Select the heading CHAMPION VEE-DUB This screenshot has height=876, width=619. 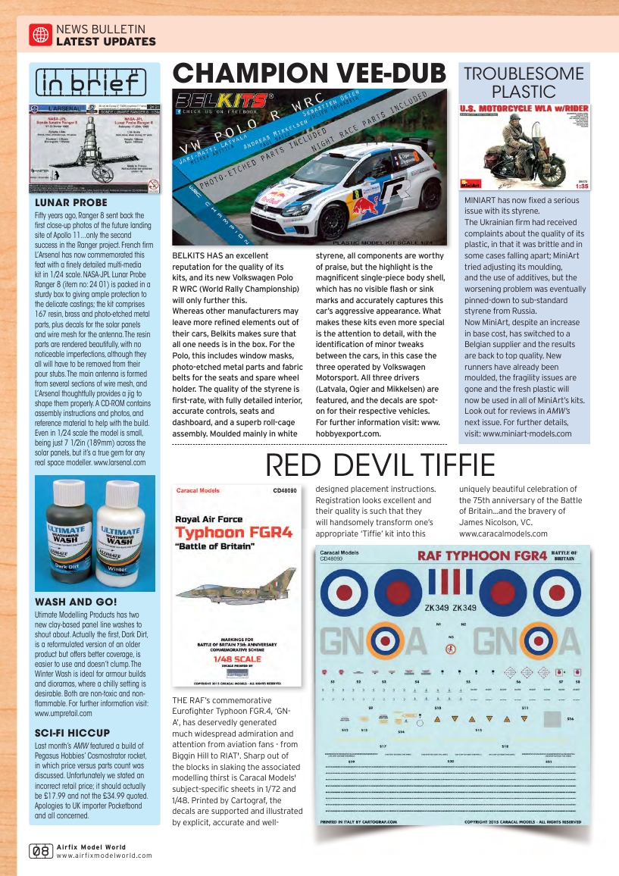pyautogui.click(x=309, y=74)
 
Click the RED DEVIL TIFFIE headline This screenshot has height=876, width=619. pyautogui.click(x=380, y=465)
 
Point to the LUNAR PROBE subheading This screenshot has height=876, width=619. pyautogui.click(x=71, y=203)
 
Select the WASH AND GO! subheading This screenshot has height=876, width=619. pyautogui.click(x=76, y=602)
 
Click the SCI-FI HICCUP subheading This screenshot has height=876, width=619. pyautogui.click(x=73, y=732)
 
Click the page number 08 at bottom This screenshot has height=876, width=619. pyautogui.click(x=40, y=851)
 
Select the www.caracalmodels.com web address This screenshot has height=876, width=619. pyautogui.click(x=503, y=533)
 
